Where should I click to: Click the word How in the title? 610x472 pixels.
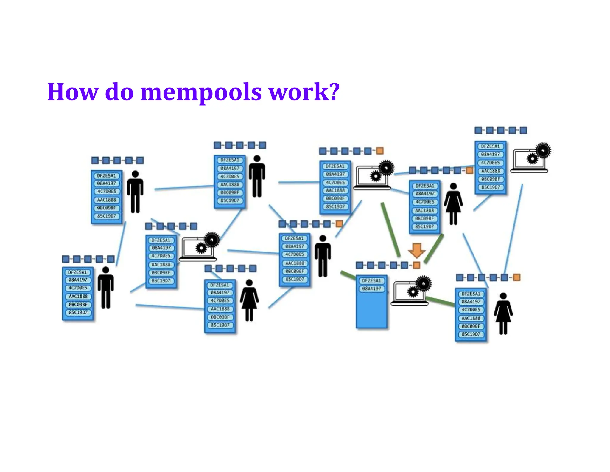72,92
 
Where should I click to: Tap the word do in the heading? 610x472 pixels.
119,92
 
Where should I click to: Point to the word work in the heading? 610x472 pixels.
299,92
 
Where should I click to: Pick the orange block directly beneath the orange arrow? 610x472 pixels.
417,265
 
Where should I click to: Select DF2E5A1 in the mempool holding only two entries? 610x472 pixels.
371,280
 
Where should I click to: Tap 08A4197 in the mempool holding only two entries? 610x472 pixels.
371,289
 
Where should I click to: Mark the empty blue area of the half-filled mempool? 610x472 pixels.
371,310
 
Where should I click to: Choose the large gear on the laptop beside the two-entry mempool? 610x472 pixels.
424,283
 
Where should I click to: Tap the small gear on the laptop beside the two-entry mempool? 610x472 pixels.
413,291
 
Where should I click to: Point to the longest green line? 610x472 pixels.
391,230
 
